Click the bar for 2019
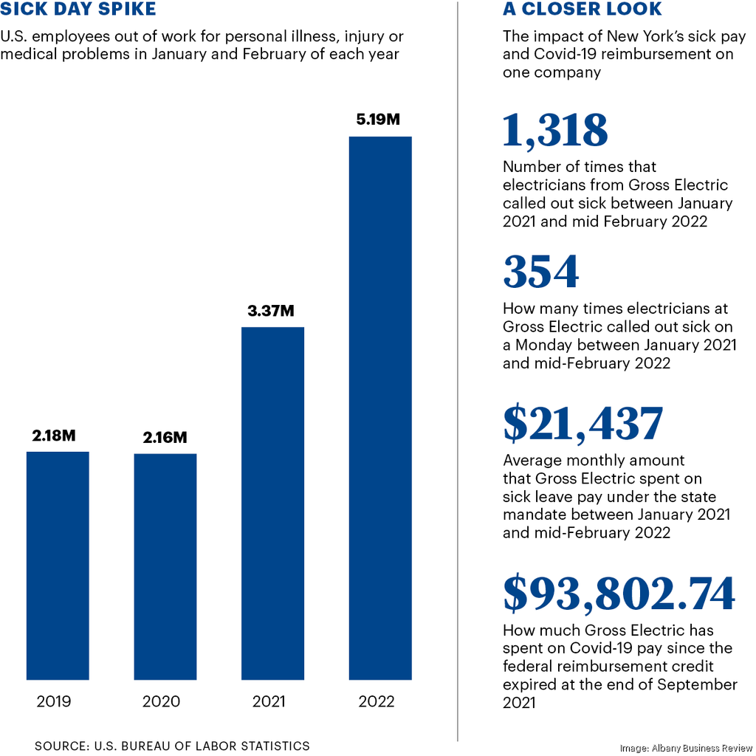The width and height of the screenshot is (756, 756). pyautogui.click(x=58, y=566)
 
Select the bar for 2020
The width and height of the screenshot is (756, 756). pyautogui.click(x=165, y=566)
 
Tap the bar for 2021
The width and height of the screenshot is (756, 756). pyautogui.click(x=272, y=503)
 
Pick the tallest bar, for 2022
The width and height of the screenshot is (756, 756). pyautogui.click(x=380, y=408)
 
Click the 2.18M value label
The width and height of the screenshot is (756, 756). pyautogui.click(x=54, y=436)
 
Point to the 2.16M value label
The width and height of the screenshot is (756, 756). pyautogui.click(x=165, y=438)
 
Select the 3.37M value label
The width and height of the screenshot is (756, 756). pyautogui.click(x=272, y=311)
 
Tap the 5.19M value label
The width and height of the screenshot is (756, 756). pyautogui.click(x=378, y=120)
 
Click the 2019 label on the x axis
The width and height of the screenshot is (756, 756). pyautogui.click(x=54, y=701)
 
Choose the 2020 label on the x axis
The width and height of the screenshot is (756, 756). pyautogui.click(x=162, y=701)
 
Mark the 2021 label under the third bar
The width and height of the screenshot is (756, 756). pyautogui.click(x=269, y=701)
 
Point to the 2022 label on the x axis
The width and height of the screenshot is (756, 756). pyautogui.click(x=377, y=701)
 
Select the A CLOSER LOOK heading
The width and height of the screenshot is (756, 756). pyautogui.click(x=582, y=10)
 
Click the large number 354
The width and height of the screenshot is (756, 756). pyautogui.click(x=540, y=272)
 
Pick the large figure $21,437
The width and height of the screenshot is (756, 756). pyautogui.click(x=583, y=425)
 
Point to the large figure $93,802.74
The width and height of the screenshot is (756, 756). pyautogui.click(x=619, y=594)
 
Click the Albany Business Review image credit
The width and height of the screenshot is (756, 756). pyautogui.click(x=683, y=747)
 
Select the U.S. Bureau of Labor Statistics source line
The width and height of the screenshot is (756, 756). pyautogui.click(x=172, y=746)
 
